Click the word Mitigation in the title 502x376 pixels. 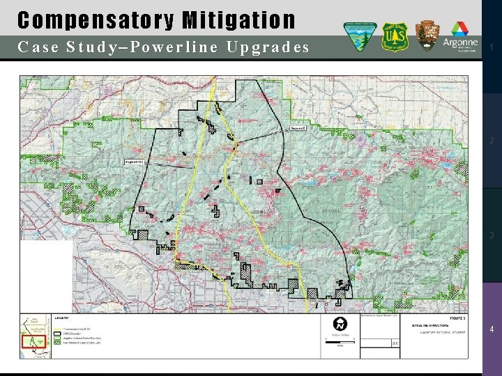point(239,20)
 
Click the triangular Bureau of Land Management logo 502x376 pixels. point(361,36)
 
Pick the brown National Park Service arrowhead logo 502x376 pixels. point(427,36)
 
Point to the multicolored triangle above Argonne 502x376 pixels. point(459,29)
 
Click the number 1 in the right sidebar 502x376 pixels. point(492,47)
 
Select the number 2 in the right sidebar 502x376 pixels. point(492,141)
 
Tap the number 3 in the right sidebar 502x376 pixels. point(492,235)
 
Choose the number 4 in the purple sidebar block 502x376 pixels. point(492,329)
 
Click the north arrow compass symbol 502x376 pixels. point(340,324)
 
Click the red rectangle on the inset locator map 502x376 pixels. point(34,342)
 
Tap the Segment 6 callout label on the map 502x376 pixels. point(297,128)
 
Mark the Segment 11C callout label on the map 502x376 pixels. point(134,162)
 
